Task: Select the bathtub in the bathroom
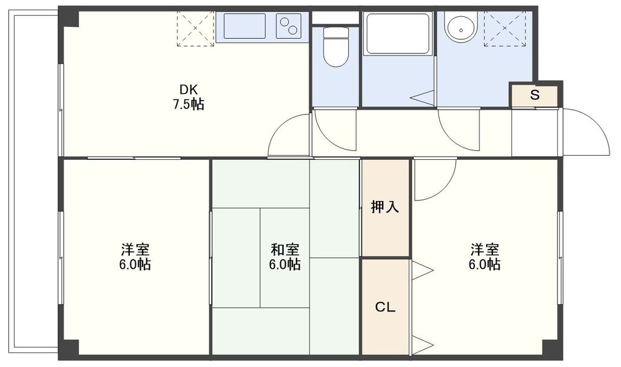click(x=397, y=33)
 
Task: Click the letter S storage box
click(x=534, y=95)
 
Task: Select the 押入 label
click(x=385, y=208)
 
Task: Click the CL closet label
click(x=385, y=307)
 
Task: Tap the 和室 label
click(x=284, y=249)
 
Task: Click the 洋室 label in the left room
click(x=135, y=249)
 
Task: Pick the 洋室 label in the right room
click(x=485, y=249)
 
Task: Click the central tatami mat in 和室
click(x=284, y=257)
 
